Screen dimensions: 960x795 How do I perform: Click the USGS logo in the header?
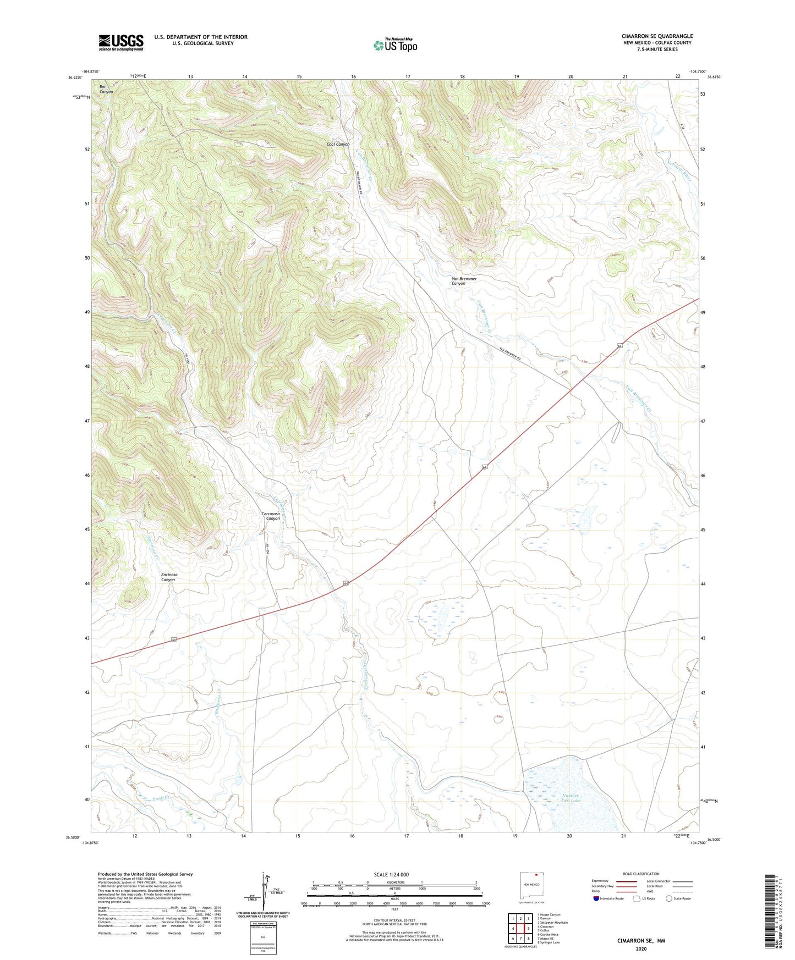click(x=121, y=42)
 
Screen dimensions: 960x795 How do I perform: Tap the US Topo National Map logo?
click(x=395, y=45)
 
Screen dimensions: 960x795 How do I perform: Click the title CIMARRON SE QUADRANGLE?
click(x=657, y=36)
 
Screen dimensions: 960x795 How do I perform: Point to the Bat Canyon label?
click(x=106, y=89)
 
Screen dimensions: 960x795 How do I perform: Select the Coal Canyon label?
click(x=338, y=144)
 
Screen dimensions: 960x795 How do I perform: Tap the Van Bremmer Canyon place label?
click(x=464, y=281)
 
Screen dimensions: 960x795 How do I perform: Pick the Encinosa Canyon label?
click(x=168, y=577)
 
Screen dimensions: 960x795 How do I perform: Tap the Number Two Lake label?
click(x=571, y=798)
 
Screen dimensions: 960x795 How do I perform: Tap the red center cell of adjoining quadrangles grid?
click(x=520, y=929)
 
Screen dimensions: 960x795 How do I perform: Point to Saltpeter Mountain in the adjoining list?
click(x=552, y=923)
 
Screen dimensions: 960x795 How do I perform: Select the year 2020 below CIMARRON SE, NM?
click(x=641, y=949)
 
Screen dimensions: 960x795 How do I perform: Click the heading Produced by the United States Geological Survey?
click(x=145, y=874)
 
